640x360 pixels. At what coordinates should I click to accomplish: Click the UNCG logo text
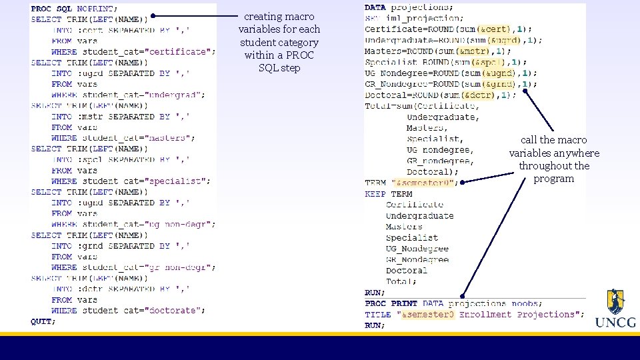[x=615, y=323]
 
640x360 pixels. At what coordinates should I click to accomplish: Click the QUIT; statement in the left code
[x=43, y=321]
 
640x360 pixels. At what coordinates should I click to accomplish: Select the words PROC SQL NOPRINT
[x=74, y=9]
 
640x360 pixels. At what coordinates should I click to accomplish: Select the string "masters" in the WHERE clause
[x=167, y=138]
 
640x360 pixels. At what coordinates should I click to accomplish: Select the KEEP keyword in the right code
[x=375, y=194]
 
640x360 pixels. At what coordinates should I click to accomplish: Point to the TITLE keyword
[x=378, y=314]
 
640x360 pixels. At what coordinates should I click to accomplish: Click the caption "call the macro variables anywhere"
[x=554, y=159]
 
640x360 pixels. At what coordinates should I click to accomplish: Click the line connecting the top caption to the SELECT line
[x=193, y=15]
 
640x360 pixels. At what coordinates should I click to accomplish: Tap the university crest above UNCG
[x=615, y=302]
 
